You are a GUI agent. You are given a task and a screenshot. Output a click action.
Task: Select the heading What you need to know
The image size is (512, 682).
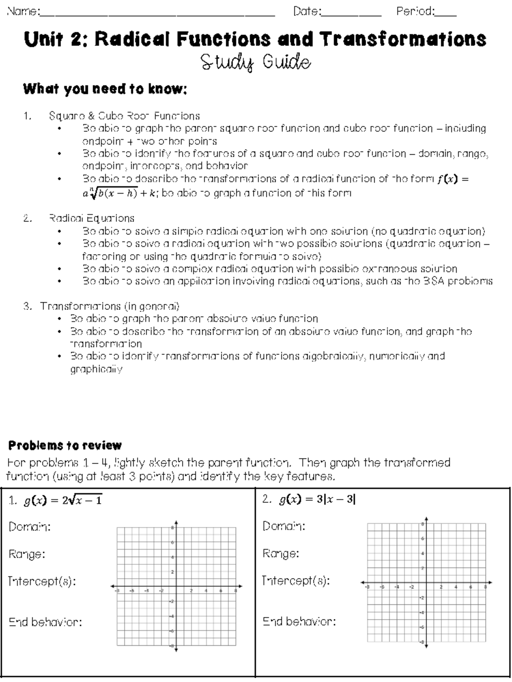click(x=105, y=89)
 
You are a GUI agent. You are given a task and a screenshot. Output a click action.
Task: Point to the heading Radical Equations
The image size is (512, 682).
click(x=92, y=218)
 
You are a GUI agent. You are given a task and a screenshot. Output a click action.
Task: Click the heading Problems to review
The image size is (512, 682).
click(x=65, y=445)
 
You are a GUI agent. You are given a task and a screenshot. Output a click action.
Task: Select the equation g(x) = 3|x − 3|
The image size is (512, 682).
click(x=317, y=499)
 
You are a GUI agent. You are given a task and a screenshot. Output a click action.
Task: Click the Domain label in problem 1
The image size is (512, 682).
click(x=29, y=527)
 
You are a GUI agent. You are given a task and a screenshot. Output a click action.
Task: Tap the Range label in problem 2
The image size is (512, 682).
click(x=281, y=554)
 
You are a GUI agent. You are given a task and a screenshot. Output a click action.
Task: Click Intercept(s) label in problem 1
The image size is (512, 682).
click(x=42, y=581)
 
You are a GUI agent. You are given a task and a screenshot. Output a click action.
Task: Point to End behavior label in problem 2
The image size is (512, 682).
click(x=299, y=621)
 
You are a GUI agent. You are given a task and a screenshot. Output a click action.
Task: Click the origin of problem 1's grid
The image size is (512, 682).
click(x=176, y=586)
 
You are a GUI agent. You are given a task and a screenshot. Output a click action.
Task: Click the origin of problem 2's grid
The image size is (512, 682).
click(x=426, y=582)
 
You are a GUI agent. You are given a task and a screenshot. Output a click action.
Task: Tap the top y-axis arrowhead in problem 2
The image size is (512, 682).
click(x=426, y=519)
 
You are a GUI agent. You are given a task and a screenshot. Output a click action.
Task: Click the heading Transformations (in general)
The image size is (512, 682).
click(x=110, y=306)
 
